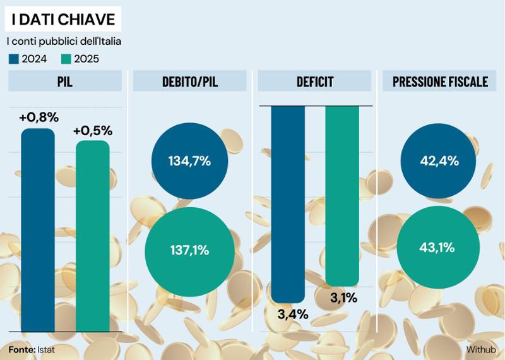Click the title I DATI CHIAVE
63,20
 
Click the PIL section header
65,81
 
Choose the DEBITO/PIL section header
189,81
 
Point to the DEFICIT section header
315,81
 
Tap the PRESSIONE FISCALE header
440,81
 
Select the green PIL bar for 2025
92,237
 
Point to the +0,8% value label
39,117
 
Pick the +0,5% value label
93,131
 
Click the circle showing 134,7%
189,161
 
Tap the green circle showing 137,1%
189,249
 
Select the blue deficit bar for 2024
288,202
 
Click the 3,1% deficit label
344,297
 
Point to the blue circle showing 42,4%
439,161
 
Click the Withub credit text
481,349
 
